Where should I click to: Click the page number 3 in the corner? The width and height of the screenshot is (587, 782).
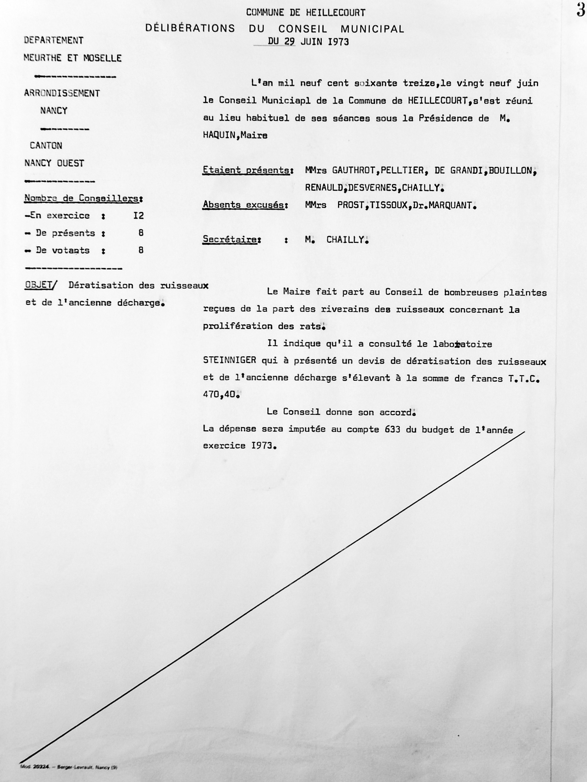(581, 10)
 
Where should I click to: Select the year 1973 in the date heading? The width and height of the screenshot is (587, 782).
(338, 42)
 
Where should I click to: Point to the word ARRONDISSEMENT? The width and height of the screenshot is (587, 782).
(62, 93)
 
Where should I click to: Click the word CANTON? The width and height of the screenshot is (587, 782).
(46, 146)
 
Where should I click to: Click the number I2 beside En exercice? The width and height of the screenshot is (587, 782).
(139, 216)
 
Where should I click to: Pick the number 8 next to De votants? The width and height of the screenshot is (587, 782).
(141, 250)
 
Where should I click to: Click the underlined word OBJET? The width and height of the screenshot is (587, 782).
(37, 285)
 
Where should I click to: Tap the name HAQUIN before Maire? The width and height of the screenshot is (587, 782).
(219, 135)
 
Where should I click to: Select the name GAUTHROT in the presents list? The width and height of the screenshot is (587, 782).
(353, 171)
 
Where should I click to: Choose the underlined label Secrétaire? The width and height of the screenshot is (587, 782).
(230, 240)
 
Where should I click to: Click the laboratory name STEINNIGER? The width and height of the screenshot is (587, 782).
(229, 361)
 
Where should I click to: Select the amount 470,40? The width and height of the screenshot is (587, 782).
(219, 395)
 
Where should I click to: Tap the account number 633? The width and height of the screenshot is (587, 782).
(392, 429)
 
